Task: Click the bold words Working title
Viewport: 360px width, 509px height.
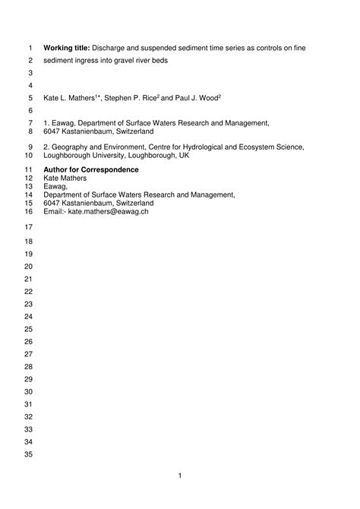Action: (x=67, y=48)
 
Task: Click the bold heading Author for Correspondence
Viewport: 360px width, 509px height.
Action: (x=91, y=169)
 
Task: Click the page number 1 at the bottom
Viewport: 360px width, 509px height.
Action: (x=180, y=476)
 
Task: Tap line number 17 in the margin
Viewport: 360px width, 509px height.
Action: (x=30, y=228)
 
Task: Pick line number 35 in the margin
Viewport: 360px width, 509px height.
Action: (x=30, y=454)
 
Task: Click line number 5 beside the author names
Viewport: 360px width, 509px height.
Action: (x=31, y=98)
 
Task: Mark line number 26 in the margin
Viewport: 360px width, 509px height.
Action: (x=30, y=341)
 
